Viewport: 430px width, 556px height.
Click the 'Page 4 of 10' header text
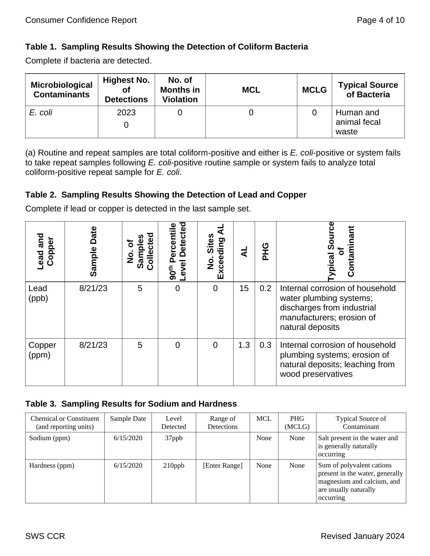click(380, 20)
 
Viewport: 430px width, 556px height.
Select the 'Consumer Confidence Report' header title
click(81, 20)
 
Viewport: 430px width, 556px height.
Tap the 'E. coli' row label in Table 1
click(41, 113)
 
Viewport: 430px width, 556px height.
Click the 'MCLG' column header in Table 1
click(314, 90)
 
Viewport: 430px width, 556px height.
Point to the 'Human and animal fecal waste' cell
click(358, 122)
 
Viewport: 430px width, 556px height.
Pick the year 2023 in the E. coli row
click(126, 113)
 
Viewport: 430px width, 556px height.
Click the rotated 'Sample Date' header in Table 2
click(93, 251)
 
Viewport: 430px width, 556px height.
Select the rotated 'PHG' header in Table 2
click(265, 251)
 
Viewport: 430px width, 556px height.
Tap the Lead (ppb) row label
click(38, 293)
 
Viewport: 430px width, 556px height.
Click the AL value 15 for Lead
click(244, 288)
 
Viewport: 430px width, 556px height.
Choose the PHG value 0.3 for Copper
click(265, 345)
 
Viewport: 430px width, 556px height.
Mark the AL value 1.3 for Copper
click(244, 345)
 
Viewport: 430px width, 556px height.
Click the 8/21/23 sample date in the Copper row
click(93, 345)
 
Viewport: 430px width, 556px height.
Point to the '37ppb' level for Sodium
click(174, 438)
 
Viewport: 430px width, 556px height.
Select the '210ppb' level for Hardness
click(174, 465)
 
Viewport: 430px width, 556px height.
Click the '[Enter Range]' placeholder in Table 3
click(223, 465)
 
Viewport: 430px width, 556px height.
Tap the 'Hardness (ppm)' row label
click(52, 465)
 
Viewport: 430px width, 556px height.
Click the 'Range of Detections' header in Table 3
click(223, 423)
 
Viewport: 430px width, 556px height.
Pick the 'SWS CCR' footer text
click(45, 536)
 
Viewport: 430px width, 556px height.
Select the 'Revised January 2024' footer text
click(362, 536)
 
